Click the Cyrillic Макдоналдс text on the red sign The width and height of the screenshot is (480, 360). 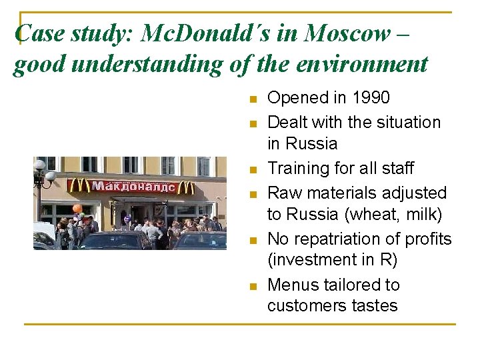(x=133, y=186)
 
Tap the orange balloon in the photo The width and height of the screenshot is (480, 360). (x=77, y=209)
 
